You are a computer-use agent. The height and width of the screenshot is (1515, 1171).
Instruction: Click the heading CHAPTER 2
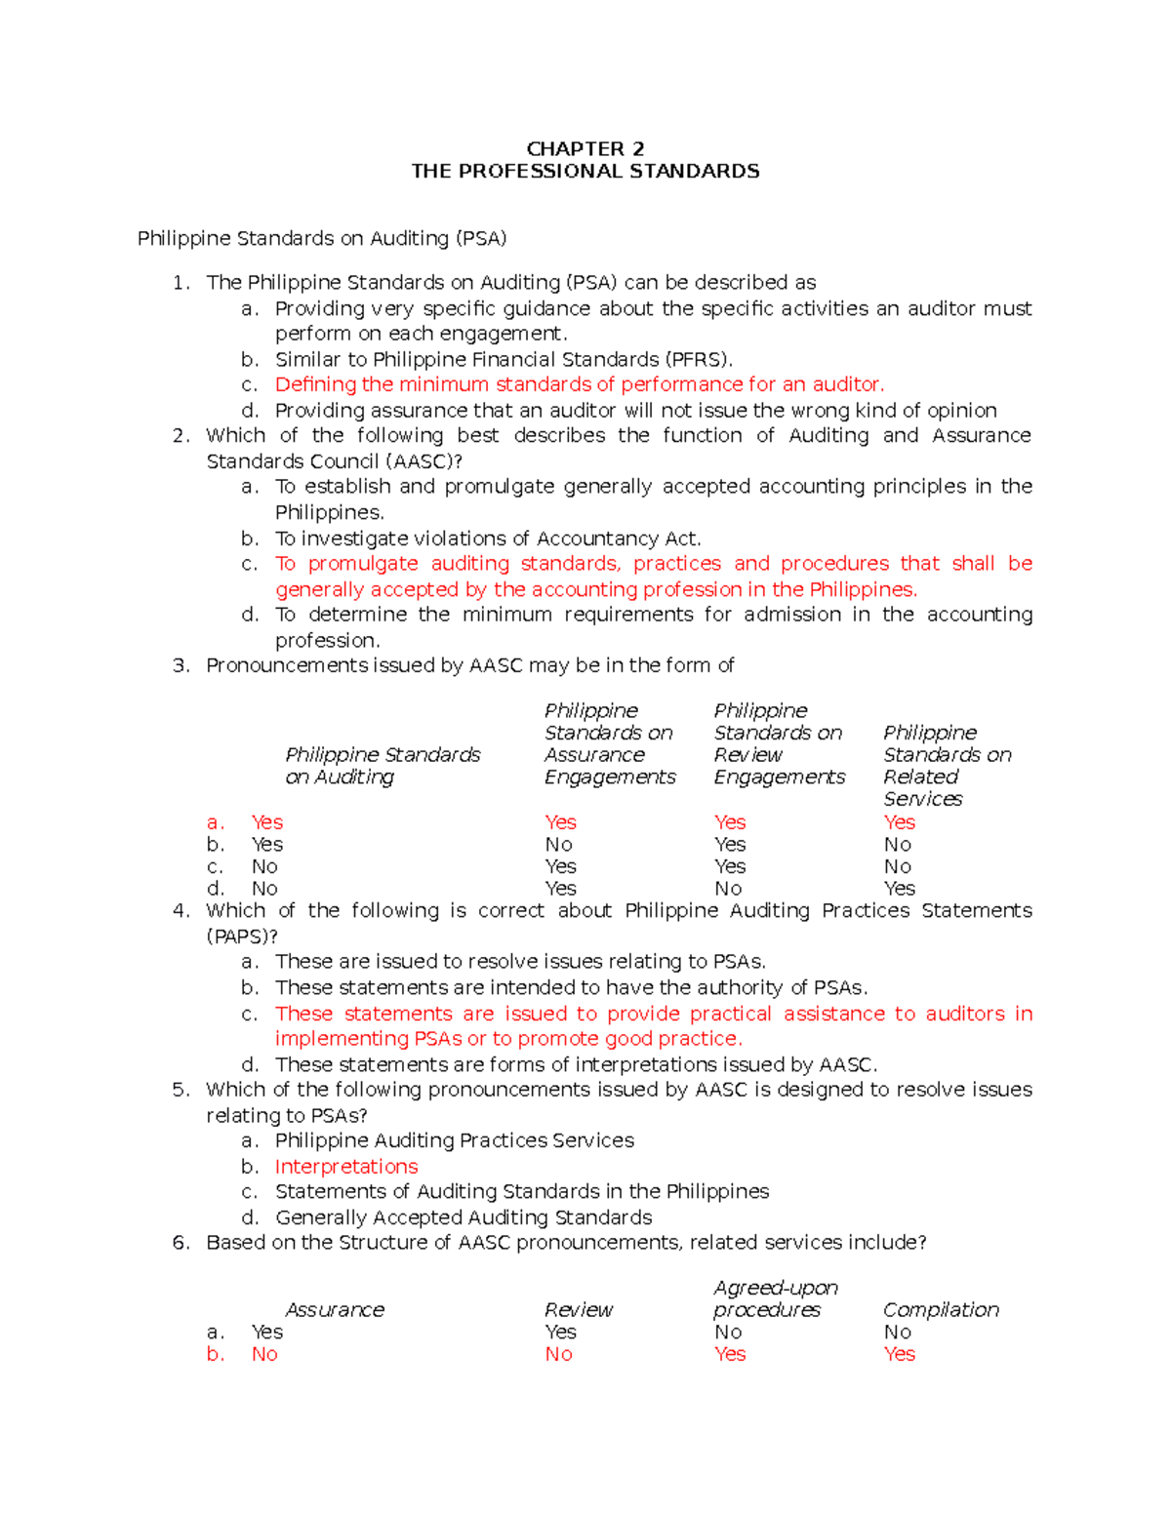click(585, 148)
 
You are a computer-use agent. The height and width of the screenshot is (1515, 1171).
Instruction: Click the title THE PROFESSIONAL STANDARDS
click(585, 172)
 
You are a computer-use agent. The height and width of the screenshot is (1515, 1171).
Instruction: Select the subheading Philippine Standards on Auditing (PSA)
click(322, 239)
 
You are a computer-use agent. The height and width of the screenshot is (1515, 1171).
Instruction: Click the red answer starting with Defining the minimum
click(580, 384)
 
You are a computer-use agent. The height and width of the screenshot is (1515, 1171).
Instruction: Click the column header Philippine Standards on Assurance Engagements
click(609, 743)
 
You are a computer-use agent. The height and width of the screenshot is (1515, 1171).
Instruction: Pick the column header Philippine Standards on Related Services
click(947, 766)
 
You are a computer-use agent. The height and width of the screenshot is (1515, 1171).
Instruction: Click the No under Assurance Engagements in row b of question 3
click(558, 845)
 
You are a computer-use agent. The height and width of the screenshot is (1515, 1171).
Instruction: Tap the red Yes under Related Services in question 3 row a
click(899, 822)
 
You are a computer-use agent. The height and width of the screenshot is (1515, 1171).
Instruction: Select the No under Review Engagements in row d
click(727, 889)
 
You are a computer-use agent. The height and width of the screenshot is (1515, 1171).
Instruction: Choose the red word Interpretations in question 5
click(346, 1167)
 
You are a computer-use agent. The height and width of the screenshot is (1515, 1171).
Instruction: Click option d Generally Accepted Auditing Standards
click(464, 1217)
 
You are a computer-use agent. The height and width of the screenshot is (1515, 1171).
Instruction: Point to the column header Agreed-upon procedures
click(775, 1298)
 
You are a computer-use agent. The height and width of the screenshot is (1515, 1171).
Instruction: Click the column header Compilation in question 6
click(941, 1309)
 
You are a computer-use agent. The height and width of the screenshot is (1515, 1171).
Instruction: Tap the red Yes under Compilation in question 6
click(899, 1354)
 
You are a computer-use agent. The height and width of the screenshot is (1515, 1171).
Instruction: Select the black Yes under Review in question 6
click(560, 1332)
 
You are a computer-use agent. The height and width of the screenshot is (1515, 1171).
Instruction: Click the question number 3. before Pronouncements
click(180, 665)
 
